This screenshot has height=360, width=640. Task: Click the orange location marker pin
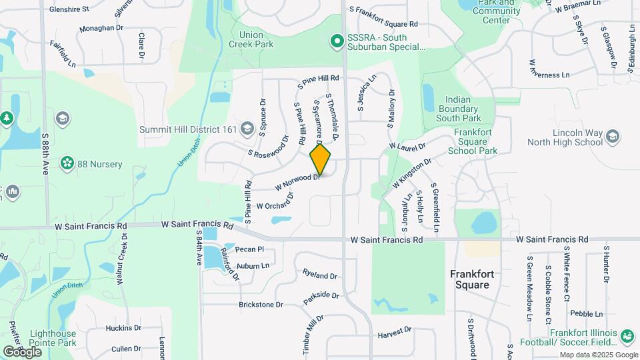320,159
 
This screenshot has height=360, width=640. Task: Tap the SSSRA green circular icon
337,42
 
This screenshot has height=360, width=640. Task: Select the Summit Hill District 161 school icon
247,129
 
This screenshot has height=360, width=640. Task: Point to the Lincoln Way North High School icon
613,137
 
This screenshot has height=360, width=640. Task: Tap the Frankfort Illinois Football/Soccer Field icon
627,335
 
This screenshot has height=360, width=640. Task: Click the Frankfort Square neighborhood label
479,279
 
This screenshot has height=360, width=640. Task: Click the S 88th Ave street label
45,153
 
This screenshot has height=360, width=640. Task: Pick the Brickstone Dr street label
261,304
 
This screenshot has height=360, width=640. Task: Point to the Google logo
22,351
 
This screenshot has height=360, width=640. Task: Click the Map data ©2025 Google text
598,355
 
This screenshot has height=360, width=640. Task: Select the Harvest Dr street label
395,331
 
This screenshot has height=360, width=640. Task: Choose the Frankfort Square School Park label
476,141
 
